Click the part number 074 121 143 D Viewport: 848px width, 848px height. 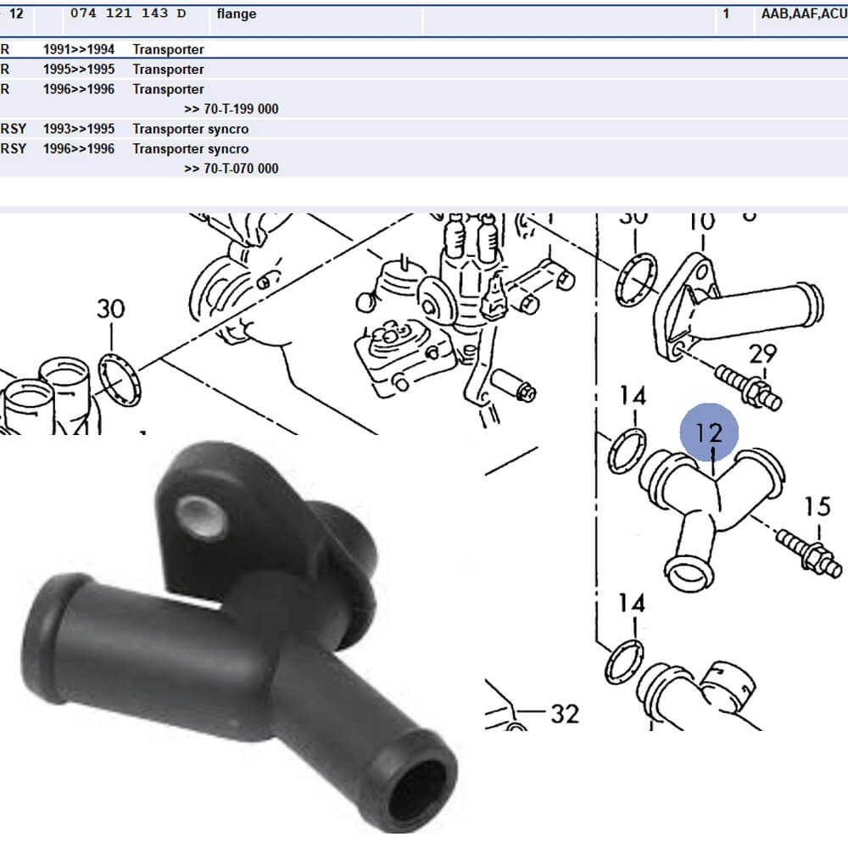coord(125,14)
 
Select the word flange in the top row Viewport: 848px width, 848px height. coord(237,14)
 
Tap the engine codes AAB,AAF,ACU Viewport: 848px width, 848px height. coord(800,14)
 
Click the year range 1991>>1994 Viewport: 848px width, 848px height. coord(79,50)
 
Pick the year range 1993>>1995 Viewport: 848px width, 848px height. coord(79,129)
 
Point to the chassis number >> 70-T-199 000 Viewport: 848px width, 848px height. coord(231,109)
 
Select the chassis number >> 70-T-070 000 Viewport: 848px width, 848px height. coord(231,168)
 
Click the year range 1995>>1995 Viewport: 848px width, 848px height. coord(79,70)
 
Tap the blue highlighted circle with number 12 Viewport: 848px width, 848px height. coord(709,432)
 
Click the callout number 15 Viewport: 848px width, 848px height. coord(817,507)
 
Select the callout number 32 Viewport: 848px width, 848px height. coord(564,714)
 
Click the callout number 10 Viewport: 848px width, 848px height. coord(701,222)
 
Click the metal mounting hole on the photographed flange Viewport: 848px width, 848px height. coord(201,516)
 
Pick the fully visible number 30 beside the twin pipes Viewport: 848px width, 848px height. coord(110,309)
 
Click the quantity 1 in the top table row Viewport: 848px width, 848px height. coord(726,14)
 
